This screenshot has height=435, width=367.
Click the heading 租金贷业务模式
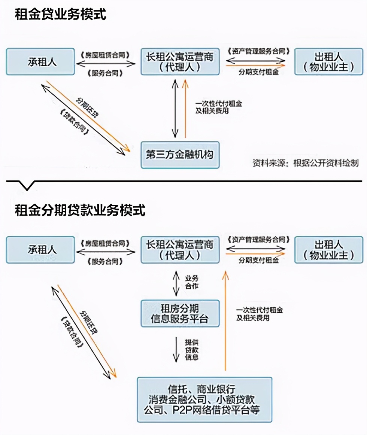60,15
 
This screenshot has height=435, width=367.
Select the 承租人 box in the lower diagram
40,249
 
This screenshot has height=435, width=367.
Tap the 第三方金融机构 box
180,155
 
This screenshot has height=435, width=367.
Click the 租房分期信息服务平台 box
180,313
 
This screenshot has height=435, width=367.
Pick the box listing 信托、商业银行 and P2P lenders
204,399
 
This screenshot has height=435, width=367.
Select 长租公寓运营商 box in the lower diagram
180,249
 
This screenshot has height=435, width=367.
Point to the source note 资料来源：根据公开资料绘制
306,163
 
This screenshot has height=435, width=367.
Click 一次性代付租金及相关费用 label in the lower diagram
259,314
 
